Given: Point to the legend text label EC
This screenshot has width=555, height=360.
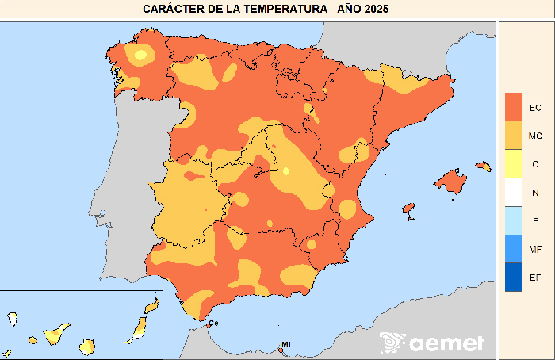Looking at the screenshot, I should click(535, 107).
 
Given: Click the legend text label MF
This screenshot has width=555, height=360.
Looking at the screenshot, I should click(535, 250).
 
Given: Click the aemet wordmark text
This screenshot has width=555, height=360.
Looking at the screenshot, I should click(446, 343).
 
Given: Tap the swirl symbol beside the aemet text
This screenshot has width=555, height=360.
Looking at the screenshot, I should click(392, 343).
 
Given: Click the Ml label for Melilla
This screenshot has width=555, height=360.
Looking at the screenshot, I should click(285, 344).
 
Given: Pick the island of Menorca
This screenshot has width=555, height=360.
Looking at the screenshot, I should click(484, 167).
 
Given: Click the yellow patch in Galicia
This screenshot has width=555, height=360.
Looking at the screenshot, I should click(141, 55).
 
